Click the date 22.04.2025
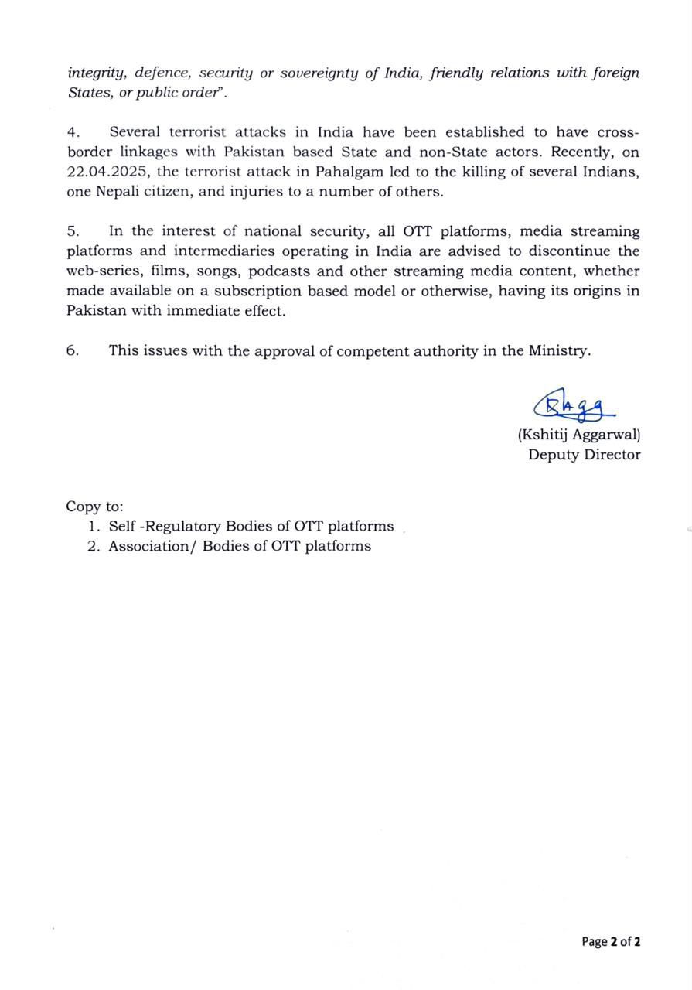107,172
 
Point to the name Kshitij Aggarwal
579,435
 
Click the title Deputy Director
584,455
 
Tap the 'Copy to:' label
94,507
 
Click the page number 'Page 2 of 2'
611,941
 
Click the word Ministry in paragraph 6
559,350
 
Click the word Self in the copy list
122,527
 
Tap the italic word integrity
97,74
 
